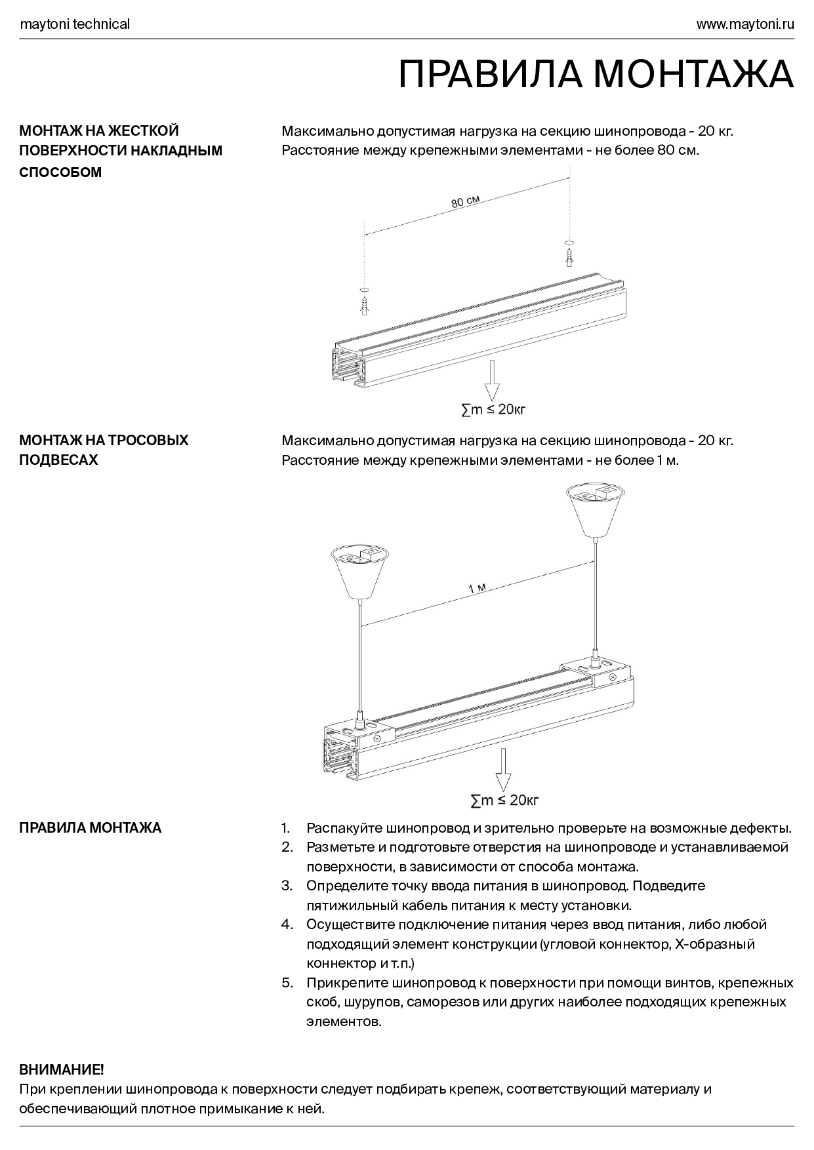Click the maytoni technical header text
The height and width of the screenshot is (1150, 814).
[x=75, y=24]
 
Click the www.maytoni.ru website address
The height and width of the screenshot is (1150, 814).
[x=744, y=24]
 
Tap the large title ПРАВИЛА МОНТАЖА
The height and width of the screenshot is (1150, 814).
[x=596, y=74]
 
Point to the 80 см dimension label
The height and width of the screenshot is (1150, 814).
[x=465, y=202]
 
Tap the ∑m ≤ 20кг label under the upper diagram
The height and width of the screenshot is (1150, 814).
[x=493, y=410]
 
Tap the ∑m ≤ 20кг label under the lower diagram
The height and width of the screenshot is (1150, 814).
[x=504, y=800]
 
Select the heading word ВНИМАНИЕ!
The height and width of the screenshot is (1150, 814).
[x=62, y=1070]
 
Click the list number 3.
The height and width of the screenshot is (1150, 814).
[x=287, y=886]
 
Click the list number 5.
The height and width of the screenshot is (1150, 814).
[x=287, y=983]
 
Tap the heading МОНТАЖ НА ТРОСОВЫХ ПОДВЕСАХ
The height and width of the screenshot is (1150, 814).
[x=104, y=450]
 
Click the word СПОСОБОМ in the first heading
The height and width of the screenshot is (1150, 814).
[x=60, y=172]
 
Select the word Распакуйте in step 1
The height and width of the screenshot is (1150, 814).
[x=344, y=827]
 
